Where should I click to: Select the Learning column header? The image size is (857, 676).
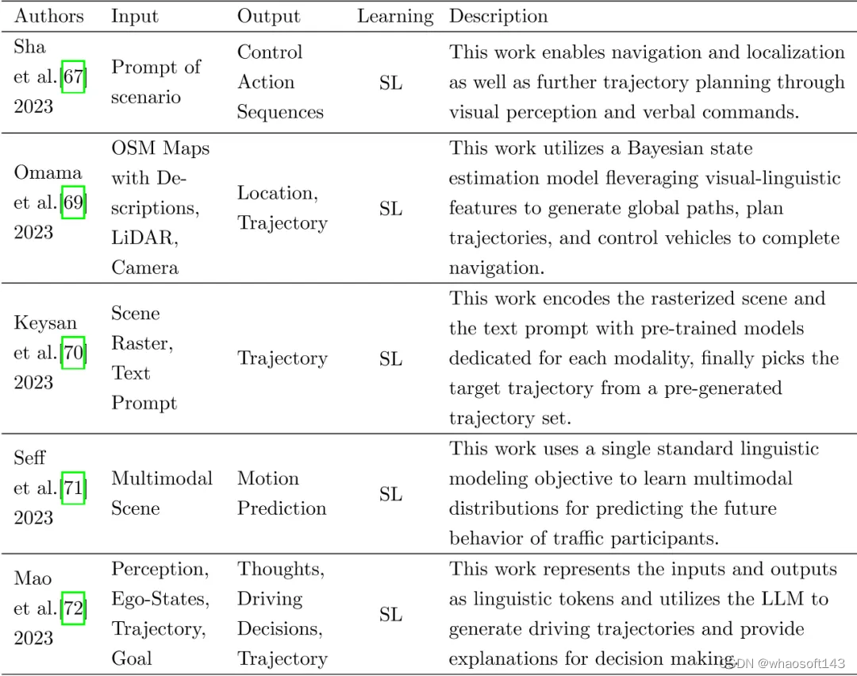click(x=395, y=16)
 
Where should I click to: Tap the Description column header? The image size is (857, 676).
click(x=498, y=16)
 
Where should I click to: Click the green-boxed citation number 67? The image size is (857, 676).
click(x=73, y=77)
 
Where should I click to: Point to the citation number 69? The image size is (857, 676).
click(x=73, y=203)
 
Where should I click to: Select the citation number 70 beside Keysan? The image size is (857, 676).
click(x=73, y=353)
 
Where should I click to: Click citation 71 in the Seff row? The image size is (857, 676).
click(x=73, y=488)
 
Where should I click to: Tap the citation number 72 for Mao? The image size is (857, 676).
click(x=73, y=608)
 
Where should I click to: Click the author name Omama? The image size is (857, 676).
click(x=48, y=172)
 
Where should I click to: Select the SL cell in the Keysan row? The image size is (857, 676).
click(x=390, y=359)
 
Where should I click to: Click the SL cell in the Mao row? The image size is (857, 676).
click(x=390, y=615)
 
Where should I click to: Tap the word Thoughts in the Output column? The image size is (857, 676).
click(x=279, y=570)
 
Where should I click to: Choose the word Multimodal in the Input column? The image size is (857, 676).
click(x=162, y=479)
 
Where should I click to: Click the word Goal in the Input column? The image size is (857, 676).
click(x=132, y=659)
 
